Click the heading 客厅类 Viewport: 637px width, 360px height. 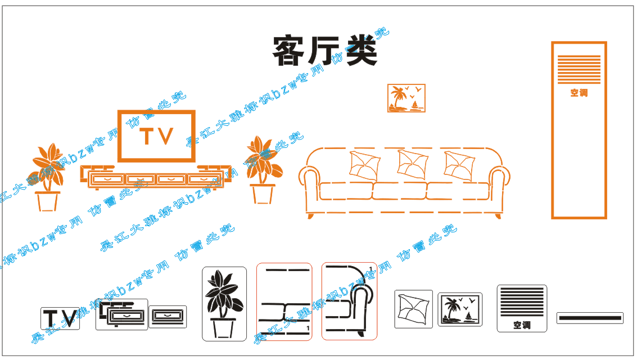(x=324, y=52)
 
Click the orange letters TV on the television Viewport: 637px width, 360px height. (x=156, y=137)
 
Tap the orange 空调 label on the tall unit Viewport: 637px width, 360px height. (x=579, y=93)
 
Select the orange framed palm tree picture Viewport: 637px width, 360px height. (x=406, y=98)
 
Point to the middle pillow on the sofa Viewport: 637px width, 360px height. (x=412, y=164)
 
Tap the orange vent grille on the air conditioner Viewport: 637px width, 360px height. (x=579, y=69)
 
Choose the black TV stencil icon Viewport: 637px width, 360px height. (x=60, y=318)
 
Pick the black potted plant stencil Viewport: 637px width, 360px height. (x=224, y=304)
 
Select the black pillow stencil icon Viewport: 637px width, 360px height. (x=413, y=309)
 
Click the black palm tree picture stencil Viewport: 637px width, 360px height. (x=460, y=309)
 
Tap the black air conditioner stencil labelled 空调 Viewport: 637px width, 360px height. (x=522, y=308)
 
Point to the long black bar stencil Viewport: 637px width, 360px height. (x=590, y=318)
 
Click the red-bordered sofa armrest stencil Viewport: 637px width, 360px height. (x=349, y=301)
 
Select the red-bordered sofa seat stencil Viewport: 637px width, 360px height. (x=284, y=301)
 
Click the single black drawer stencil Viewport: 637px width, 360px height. (x=168, y=317)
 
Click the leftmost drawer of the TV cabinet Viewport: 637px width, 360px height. (x=107, y=179)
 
